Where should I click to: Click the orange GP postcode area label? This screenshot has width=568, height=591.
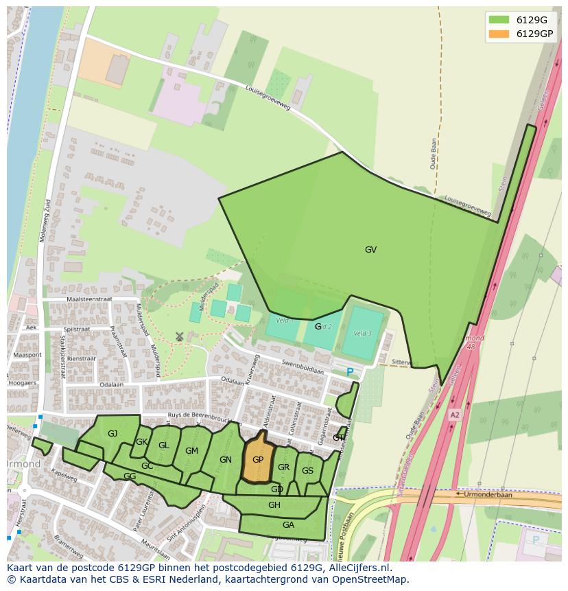pos(258,460)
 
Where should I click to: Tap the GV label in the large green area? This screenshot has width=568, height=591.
pos(370,250)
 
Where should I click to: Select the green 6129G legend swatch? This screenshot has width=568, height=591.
pos(499,20)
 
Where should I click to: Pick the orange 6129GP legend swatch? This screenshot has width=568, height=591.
pos(499,34)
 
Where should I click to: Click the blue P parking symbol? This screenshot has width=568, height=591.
pos(350,373)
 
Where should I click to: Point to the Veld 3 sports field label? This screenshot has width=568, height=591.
pos(362,334)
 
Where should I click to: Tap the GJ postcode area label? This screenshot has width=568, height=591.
pos(113,434)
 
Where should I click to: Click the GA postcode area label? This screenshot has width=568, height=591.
pos(288,524)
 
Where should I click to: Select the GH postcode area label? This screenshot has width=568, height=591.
pos(274,505)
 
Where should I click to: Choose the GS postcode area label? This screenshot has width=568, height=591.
pos(307,470)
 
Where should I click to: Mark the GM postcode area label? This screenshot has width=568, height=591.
pos(191,451)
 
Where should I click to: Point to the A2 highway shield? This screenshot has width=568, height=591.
pos(455,415)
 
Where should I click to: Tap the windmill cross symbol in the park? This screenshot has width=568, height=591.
pos(180,336)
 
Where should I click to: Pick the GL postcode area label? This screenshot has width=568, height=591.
pos(163,445)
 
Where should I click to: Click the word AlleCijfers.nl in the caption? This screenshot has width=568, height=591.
pos(358,568)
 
